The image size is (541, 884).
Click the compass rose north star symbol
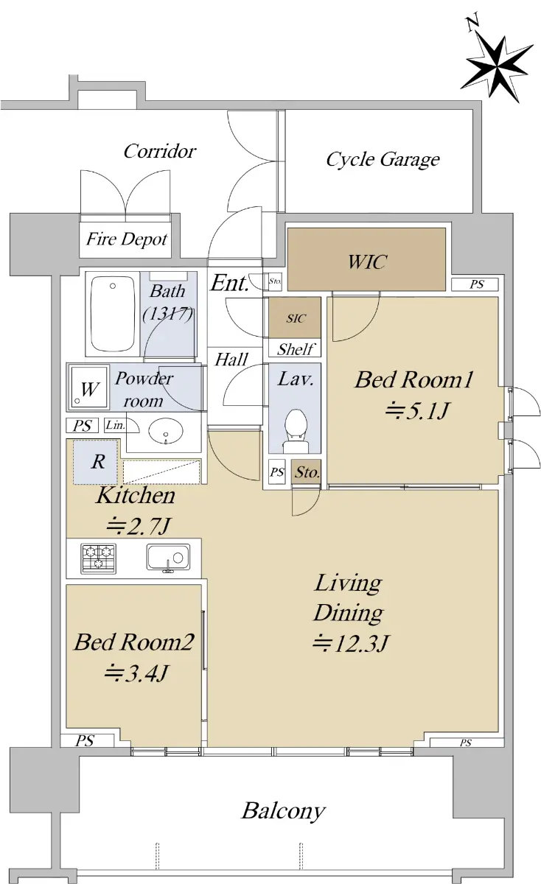496,67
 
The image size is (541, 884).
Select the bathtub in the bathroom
113,313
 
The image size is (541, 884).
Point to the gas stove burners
98,558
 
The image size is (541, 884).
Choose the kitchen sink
168,558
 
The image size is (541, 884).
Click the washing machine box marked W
88,387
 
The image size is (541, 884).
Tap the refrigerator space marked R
96,461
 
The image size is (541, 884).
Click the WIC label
367,262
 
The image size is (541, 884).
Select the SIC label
296,318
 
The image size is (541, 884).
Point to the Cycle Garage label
383,159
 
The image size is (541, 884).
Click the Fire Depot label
126,239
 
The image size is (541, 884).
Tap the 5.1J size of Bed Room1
417,411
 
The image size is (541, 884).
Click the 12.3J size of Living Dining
351,644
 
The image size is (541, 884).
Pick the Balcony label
284,811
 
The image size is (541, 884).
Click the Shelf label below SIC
296,349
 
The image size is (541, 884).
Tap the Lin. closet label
115,425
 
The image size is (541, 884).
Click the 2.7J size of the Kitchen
139,525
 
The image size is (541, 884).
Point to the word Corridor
159,151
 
